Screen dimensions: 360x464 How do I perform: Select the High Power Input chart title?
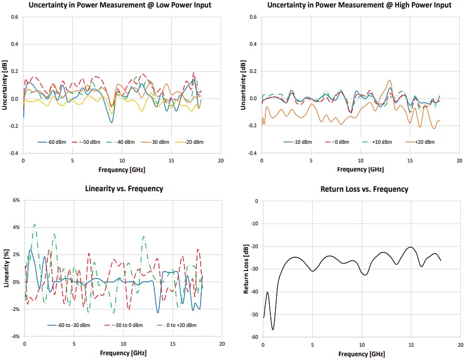tap(359, 5)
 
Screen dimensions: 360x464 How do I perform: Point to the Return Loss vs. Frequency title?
tap(364, 189)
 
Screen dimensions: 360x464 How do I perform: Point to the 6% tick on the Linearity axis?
tap(16, 200)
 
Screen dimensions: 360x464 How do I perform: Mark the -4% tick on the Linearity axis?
tap(15, 337)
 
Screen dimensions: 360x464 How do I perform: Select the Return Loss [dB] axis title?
tap(246, 268)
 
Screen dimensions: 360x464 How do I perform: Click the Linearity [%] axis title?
tap(6, 268)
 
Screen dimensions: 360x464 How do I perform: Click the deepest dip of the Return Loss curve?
tap(273, 330)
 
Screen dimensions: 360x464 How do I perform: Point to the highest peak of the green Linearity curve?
tap(35, 224)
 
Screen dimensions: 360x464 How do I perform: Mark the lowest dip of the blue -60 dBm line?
tap(111, 122)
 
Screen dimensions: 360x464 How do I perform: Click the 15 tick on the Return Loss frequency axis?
tap(410, 345)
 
